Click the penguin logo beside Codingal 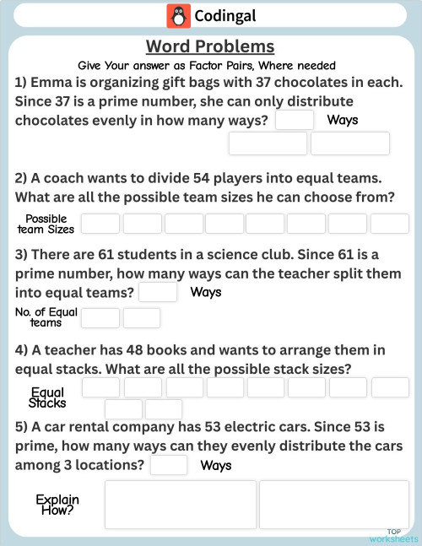pyautogui.click(x=178, y=16)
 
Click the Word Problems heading pyautogui.click(x=210, y=46)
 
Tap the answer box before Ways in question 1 pyautogui.click(x=294, y=120)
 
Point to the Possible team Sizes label pyautogui.click(x=46, y=224)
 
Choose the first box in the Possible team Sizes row pyautogui.click(x=100, y=224)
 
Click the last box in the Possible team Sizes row pyautogui.click(x=389, y=224)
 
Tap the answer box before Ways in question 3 pyautogui.click(x=158, y=292)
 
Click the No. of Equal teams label pyautogui.click(x=46, y=317)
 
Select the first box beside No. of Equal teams pyautogui.click(x=100, y=318)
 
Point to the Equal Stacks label pyautogui.click(x=47, y=397)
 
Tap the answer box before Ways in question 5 pyautogui.click(x=169, y=465)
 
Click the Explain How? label pyautogui.click(x=57, y=505)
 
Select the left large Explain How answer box pyautogui.click(x=180, y=505)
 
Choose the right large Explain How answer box pyautogui.click(x=335, y=505)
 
